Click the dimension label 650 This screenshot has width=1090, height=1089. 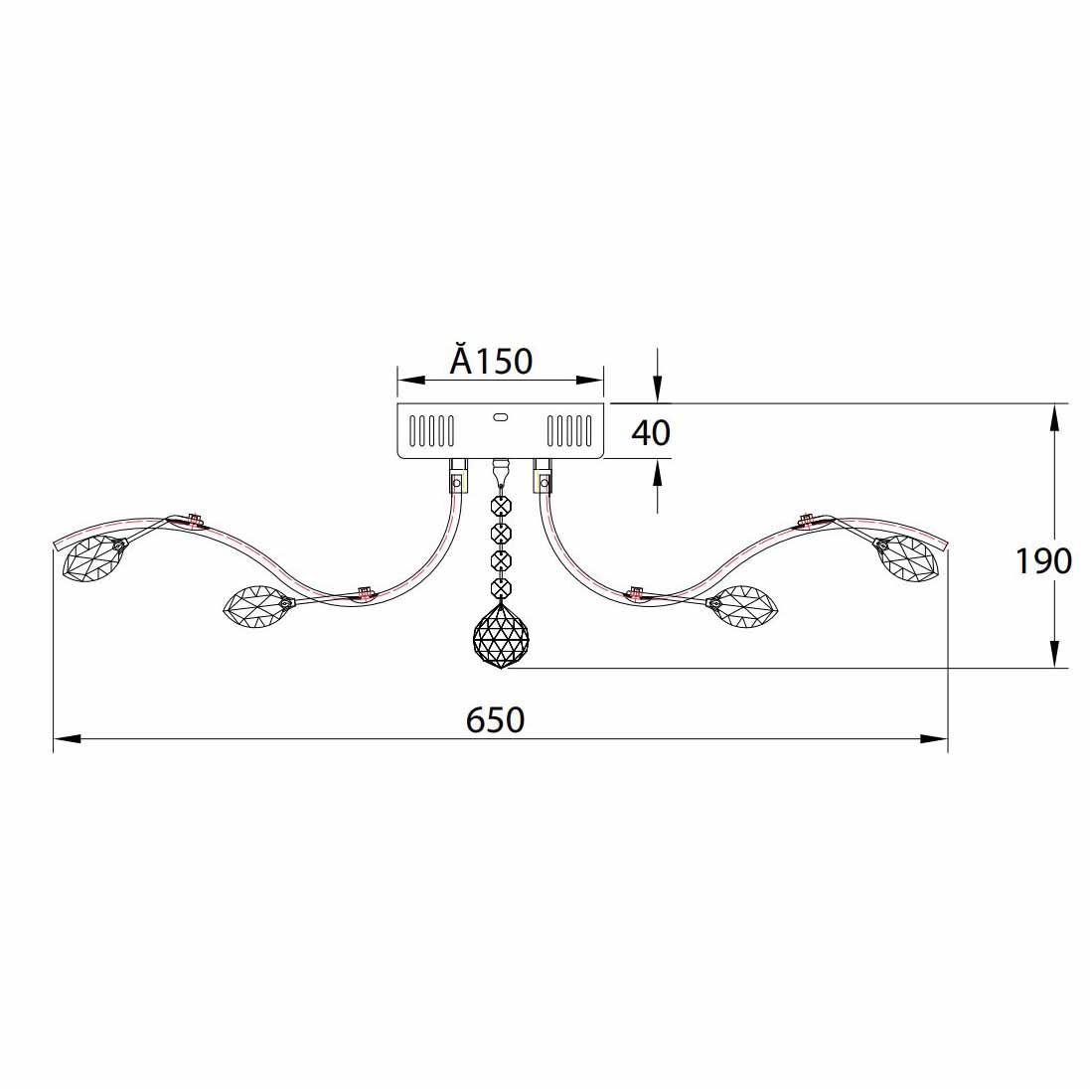click(495, 720)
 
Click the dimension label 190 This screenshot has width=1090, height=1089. click(1044, 560)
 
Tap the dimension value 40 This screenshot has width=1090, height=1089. click(651, 432)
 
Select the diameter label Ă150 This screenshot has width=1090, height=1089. click(491, 360)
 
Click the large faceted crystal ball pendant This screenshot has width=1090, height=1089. click(501, 635)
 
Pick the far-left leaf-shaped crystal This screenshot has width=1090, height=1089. click(93, 556)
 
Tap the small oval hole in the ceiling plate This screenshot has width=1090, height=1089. click(501, 417)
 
